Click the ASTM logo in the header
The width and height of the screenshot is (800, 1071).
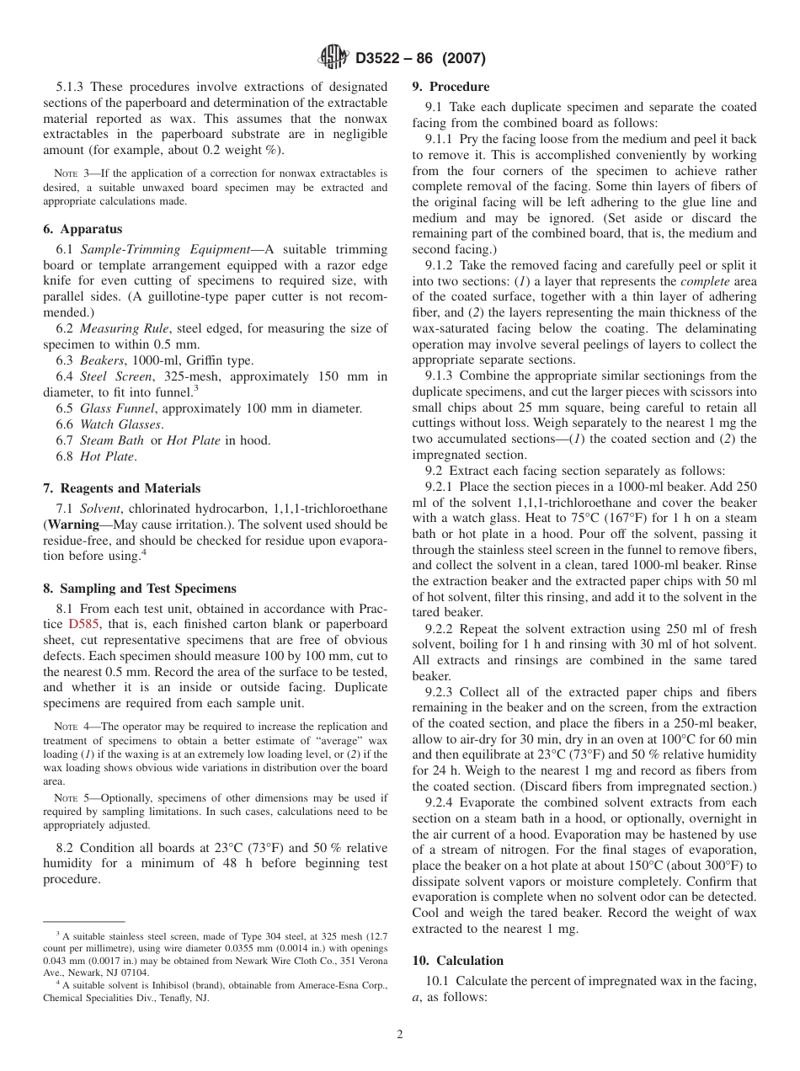pos(334,58)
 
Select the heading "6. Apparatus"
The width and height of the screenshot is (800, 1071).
pos(83,229)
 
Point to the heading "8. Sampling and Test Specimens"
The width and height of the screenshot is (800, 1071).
pos(140,589)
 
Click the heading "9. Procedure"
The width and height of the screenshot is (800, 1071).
pos(451,87)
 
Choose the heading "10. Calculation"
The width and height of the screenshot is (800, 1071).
pos(457,961)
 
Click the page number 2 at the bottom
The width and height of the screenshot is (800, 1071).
pos(400,1035)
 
